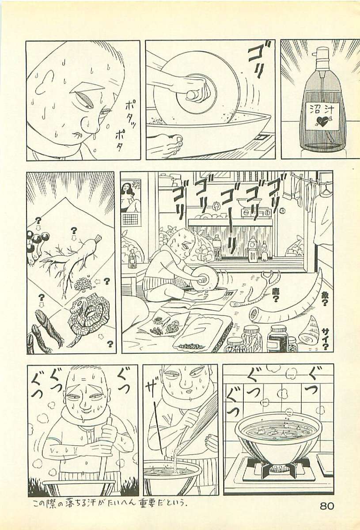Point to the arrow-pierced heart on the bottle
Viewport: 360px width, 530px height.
coord(322,121)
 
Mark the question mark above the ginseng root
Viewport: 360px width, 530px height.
coord(73,231)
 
